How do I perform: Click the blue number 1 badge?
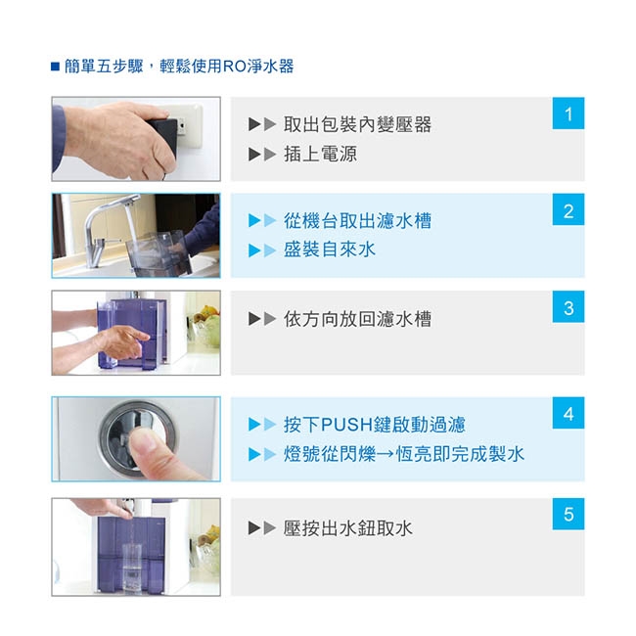click(x=568, y=114)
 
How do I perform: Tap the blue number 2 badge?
click(x=568, y=209)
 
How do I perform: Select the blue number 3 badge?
click(x=568, y=306)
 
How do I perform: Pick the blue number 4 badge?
click(x=568, y=413)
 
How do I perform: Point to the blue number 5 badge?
click(x=568, y=514)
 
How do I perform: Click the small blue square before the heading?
click(x=55, y=67)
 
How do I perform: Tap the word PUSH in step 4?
click(x=346, y=425)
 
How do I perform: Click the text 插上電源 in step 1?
click(x=320, y=155)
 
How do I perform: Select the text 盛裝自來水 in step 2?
click(x=330, y=250)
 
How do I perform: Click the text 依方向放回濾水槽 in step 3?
click(x=357, y=319)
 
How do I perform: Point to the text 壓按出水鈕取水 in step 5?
click(x=348, y=528)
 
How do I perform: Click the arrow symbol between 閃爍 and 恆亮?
click(x=385, y=454)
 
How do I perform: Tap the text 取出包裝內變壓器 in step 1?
click(x=357, y=124)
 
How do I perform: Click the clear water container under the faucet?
click(x=159, y=253)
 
